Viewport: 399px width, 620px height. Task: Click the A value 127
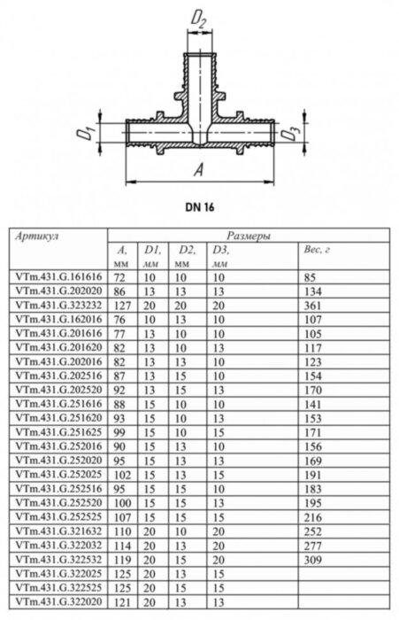click(x=122, y=303)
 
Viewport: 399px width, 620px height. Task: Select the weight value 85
click(x=309, y=277)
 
